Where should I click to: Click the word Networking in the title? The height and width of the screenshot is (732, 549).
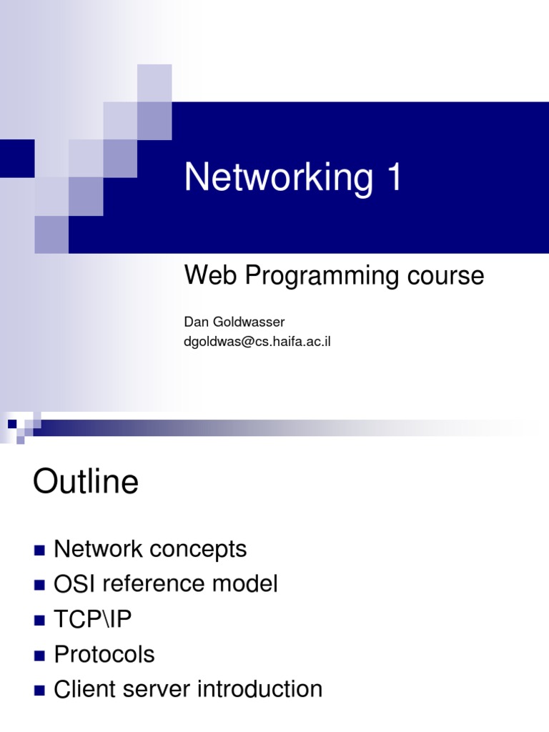277,177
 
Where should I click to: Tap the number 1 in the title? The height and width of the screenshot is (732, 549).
393,177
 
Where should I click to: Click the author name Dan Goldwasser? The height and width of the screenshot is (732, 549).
234,322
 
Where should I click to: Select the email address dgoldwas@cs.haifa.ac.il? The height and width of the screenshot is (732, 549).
257,342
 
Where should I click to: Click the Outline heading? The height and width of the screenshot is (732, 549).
85,482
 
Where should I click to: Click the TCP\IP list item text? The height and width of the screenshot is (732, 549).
93,619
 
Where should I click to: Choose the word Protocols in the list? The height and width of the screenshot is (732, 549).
104,654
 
